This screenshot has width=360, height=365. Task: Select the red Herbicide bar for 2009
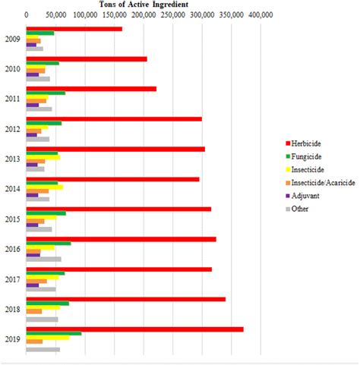pos(74,29)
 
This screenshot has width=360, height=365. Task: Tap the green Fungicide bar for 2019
pos(54,333)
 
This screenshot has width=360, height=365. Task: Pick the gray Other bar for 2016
pos(44,259)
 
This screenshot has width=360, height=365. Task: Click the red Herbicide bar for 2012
pos(114,118)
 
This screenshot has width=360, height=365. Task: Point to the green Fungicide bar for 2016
pos(49,244)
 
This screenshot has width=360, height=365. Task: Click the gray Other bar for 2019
pos(43,349)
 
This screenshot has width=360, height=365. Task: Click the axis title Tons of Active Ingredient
pos(146,4)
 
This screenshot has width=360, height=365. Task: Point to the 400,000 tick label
pos(261,14)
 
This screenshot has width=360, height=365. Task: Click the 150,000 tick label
pos(115,14)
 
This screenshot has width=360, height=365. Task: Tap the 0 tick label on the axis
pos(27,14)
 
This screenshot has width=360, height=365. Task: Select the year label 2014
pos(13,189)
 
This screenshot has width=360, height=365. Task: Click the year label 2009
pos(13,39)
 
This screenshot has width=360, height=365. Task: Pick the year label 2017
pos(13,279)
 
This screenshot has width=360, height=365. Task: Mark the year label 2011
pos(13,99)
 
